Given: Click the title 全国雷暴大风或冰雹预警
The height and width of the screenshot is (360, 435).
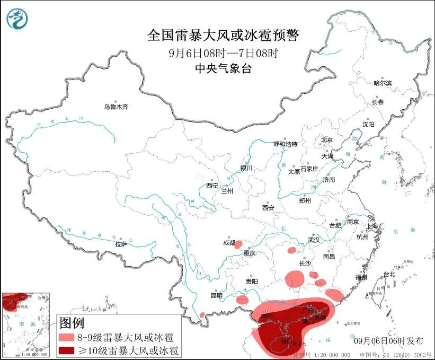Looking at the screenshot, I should pos(223,36).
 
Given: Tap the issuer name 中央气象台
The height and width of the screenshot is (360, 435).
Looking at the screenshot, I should pos(223,68).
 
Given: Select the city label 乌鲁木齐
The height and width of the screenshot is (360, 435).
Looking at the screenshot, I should pos(116,107).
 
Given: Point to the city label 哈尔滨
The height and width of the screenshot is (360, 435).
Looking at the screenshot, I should pos(382,83).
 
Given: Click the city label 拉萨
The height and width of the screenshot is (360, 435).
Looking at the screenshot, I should pos(121,244).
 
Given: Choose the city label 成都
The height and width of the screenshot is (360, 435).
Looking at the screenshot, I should pos(229,243).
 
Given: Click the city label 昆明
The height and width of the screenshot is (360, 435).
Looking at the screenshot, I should pos(217,295).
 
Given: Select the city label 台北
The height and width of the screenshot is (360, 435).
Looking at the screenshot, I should pos(389,274).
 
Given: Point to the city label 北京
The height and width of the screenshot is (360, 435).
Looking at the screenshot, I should pos(326,140).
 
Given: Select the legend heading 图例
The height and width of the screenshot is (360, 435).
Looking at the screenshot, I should pos(72,322).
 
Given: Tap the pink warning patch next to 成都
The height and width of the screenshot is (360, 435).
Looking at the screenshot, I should pos(238,244).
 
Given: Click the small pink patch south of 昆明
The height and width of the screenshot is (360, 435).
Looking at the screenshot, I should pos(202,315).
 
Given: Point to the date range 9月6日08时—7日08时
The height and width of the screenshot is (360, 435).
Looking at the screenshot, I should pos(223,52).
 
